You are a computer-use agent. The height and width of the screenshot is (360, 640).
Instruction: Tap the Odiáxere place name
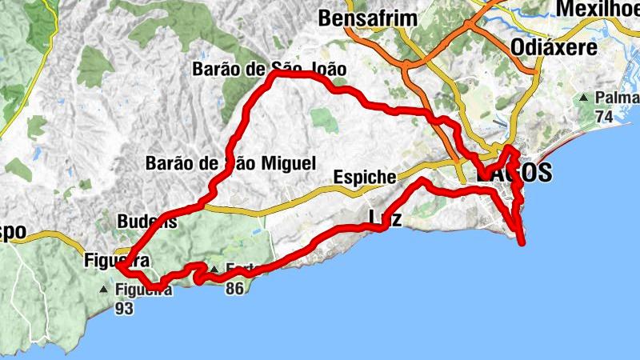point(554,47)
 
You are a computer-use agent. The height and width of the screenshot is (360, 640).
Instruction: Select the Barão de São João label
point(269,70)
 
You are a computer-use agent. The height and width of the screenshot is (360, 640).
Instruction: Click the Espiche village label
point(365,177)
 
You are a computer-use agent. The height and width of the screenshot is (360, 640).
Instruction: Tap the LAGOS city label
point(514,173)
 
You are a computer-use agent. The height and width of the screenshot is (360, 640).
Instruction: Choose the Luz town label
point(385,217)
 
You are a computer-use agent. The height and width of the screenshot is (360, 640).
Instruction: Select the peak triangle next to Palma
point(585,98)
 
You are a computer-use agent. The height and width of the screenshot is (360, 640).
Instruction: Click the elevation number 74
point(605,117)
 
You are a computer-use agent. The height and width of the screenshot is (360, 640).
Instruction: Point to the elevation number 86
point(234,288)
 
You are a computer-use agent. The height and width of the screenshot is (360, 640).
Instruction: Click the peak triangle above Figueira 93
point(105,289)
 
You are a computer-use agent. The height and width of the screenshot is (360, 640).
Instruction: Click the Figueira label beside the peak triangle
point(143,290)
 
